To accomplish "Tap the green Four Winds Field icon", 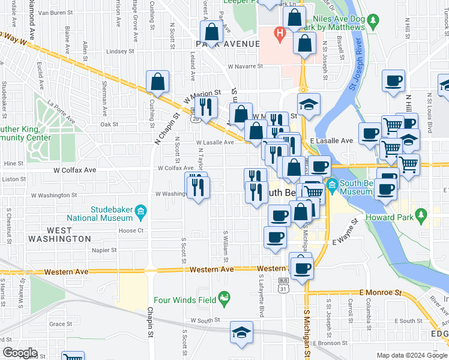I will (224, 297).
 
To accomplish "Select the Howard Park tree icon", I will (421, 214).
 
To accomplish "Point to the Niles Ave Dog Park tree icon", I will (373, 22).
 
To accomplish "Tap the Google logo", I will (20, 352).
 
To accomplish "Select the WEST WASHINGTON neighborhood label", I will (60, 235).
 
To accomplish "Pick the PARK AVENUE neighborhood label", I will (228, 44).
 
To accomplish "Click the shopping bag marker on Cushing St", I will (157, 83).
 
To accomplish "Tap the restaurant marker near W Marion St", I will (205, 108).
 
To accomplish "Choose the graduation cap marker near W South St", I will (241, 332).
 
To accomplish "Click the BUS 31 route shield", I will (284, 284).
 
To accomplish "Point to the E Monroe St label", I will (380, 292).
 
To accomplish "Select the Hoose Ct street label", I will (131, 230).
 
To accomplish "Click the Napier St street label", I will (104, 251).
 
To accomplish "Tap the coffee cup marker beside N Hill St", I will (393, 82).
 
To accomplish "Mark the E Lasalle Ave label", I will (332, 140).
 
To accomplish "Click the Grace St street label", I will (61, 324).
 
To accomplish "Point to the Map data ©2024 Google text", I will (411, 355).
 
